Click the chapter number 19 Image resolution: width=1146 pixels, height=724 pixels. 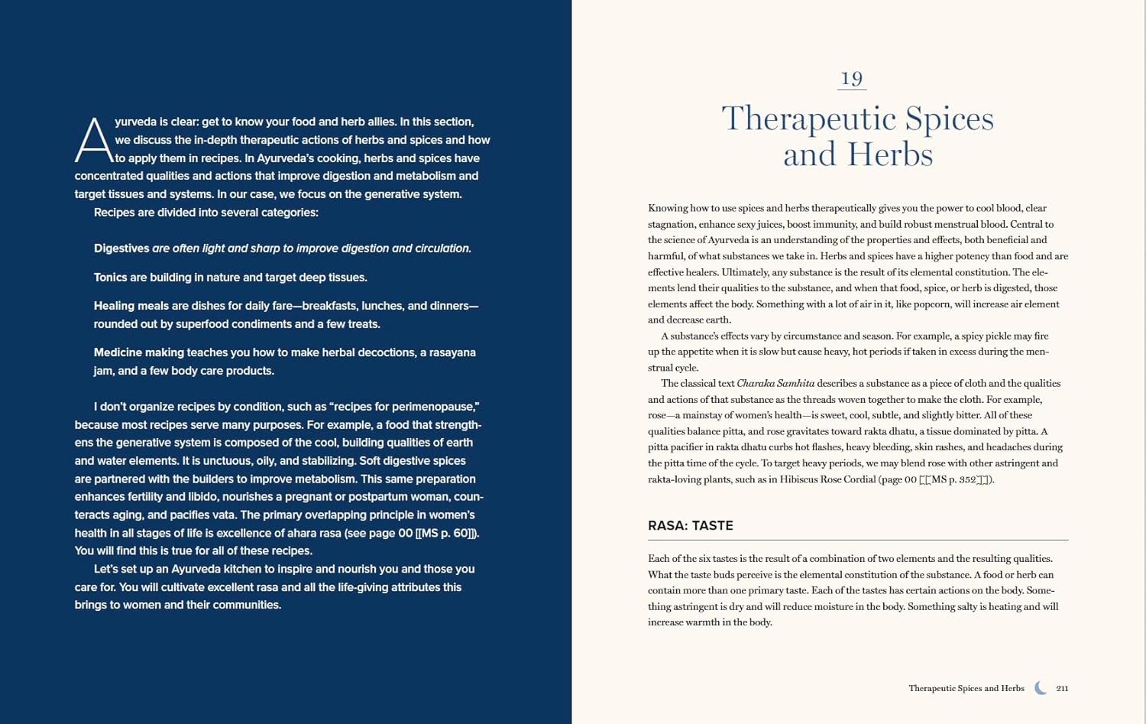pyautogui.click(x=852, y=79)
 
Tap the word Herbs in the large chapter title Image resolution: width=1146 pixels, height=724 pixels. pyautogui.click(x=895, y=155)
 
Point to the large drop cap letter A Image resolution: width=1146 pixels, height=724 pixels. pyautogui.click(x=93, y=141)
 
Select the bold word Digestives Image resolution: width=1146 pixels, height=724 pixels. pyautogui.click(x=121, y=248)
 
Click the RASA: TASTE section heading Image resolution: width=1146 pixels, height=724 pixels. pyautogui.click(x=691, y=526)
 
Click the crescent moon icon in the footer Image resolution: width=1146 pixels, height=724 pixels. pyautogui.click(x=1041, y=688)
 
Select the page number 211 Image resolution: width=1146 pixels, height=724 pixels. pyautogui.click(x=1062, y=689)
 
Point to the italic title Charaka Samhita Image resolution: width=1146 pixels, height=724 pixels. pyautogui.click(x=775, y=384)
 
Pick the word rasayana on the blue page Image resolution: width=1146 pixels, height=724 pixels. pyautogui.click(x=452, y=352)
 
